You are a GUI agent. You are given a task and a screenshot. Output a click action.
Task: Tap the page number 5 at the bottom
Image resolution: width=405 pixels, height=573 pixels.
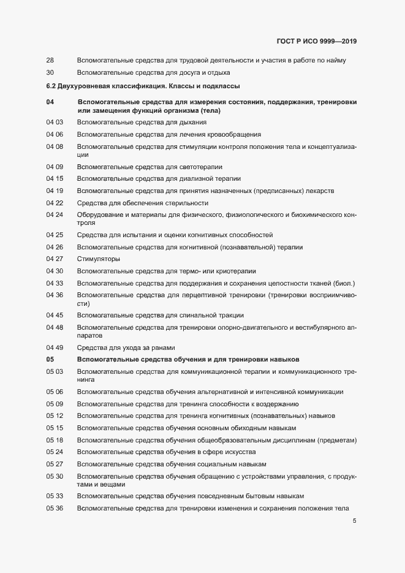click(x=354, y=522)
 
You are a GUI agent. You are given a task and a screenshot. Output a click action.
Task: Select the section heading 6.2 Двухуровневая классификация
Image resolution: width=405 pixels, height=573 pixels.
click(x=143, y=86)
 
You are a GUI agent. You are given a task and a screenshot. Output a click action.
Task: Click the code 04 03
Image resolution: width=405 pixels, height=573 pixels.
click(x=55, y=123)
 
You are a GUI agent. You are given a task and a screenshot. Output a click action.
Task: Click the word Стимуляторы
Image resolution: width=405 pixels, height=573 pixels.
click(x=98, y=259)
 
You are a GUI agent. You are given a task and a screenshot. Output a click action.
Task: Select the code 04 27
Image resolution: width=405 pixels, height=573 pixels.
click(x=55, y=259)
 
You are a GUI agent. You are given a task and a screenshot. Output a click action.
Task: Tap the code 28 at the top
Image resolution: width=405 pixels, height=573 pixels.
click(x=50, y=60)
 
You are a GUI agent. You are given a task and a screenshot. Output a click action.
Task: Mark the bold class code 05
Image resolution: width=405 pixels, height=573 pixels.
click(x=50, y=359)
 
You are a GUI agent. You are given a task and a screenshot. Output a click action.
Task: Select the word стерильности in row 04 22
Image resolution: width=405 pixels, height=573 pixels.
click(x=189, y=203)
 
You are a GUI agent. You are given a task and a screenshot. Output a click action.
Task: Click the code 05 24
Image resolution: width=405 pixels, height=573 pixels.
click(x=55, y=452)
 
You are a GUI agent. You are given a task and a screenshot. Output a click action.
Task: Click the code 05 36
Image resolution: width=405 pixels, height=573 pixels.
click(x=55, y=508)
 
